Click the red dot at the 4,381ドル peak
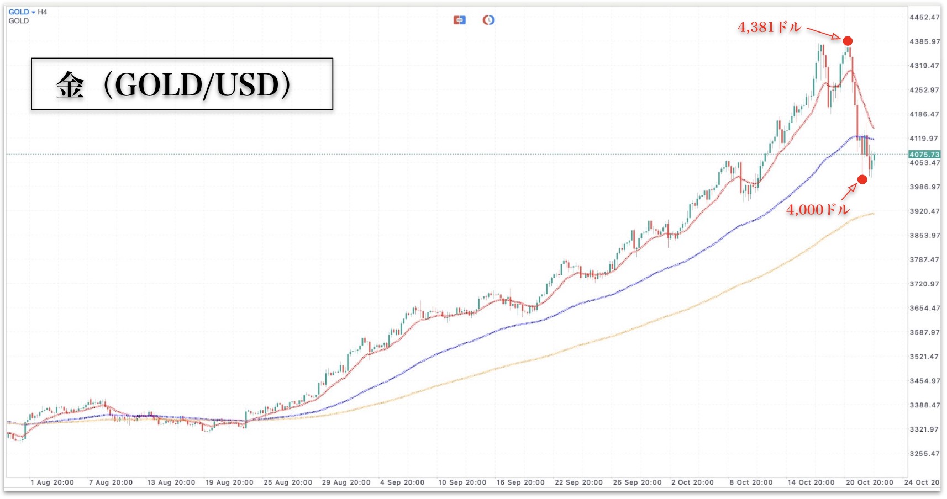pos(848,41)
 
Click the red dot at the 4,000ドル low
pos(862,179)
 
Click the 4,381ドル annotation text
pos(769,27)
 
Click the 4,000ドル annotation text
pos(817,210)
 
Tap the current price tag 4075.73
pos(924,155)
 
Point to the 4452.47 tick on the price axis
pos(924,17)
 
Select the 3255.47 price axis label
pos(924,454)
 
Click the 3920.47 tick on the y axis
pos(924,211)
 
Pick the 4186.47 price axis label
pos(924,114)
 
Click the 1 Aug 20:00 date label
pos(52,482)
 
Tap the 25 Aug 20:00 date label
pos(288,482)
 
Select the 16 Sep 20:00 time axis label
pos(520,482)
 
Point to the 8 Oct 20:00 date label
pos(751,482)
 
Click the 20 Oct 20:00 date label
pos(870,482)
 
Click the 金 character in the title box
pos(70,86)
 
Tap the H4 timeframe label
pos(43,12)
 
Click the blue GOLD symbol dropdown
pos(21,12)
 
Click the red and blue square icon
pos(459,20)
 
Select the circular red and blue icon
pos(488,20)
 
